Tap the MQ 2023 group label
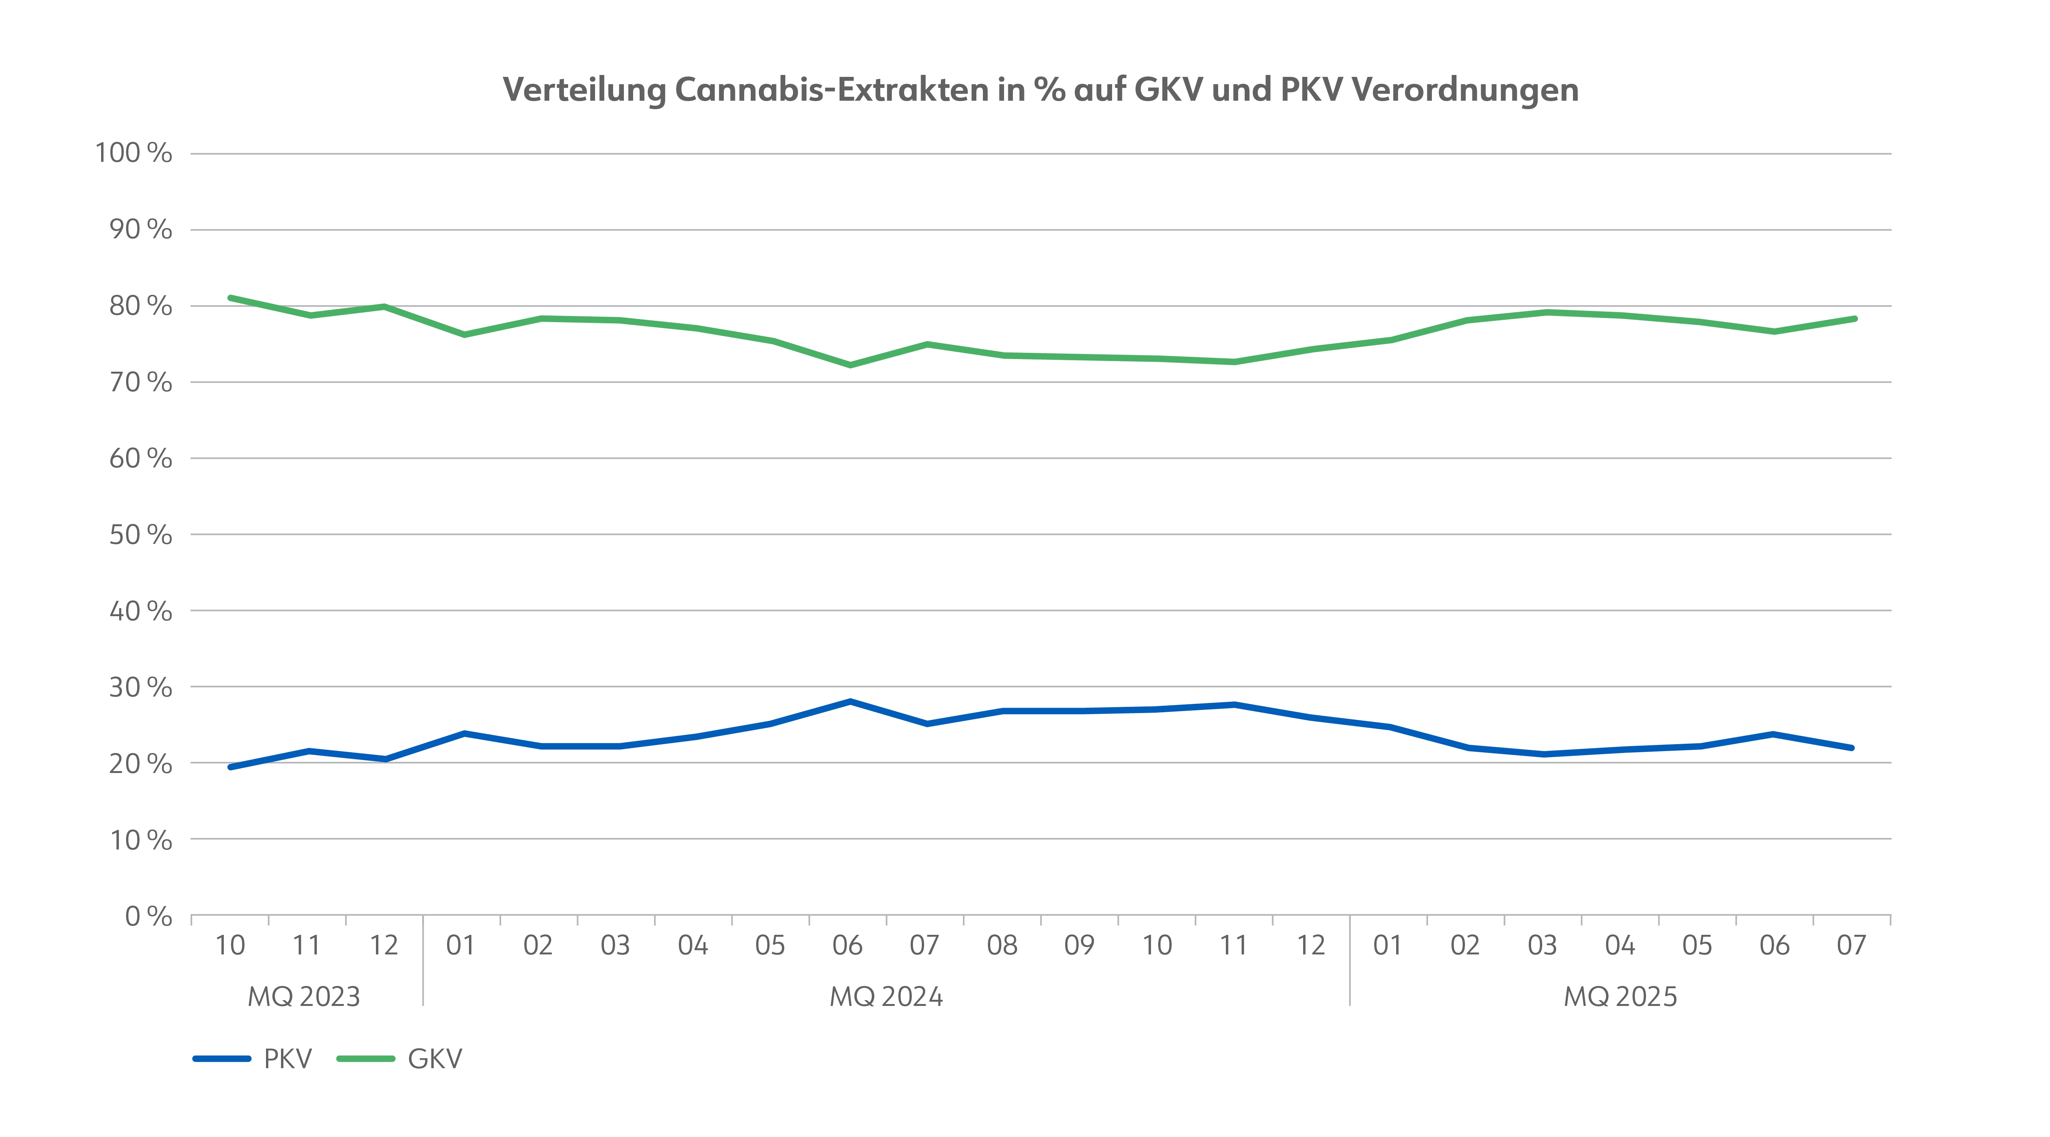pyautogui.click(x=304, y=996)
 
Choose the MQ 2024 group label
pyautogui.click(x=886, y=996)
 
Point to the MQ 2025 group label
pyautogui.click(x=1620, y=996)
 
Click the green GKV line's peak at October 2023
pyautogui.click(x=230, y=298)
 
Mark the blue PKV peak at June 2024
pyautogui.click(x=850, y=701)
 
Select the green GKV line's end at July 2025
pyautogui.click(x=1854, y=318)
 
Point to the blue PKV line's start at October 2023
pyautogui.click(x=230, y=767)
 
